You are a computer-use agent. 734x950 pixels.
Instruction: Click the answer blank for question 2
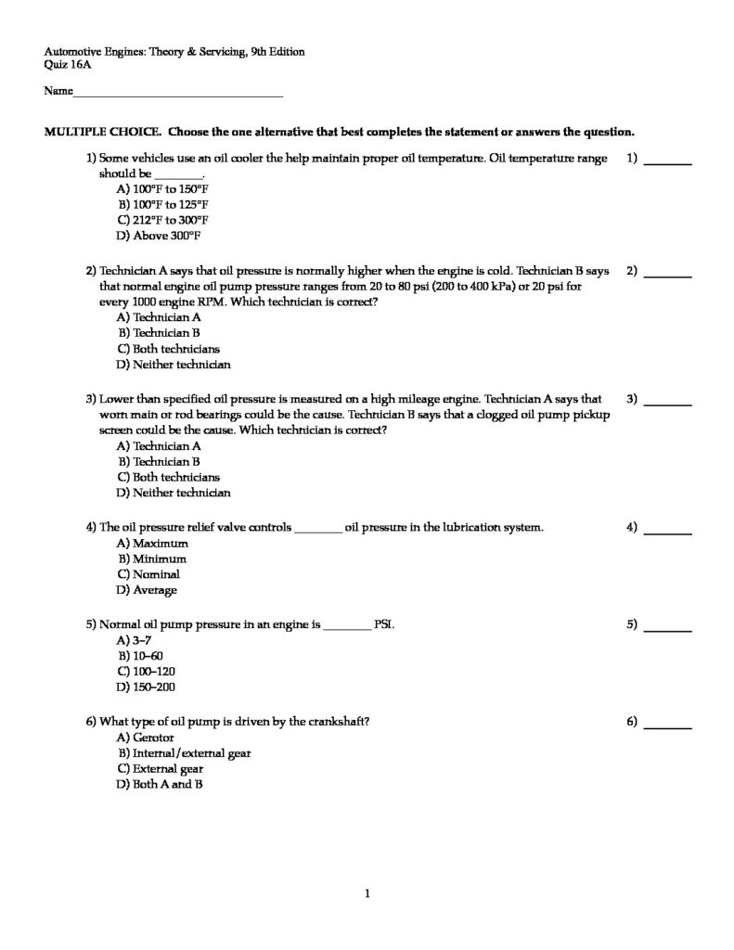pos(668,274)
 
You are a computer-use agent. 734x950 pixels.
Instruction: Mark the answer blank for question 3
pos(668,402)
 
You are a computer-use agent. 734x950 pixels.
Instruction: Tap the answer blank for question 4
pos(668,530)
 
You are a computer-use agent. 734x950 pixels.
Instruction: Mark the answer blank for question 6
pos(668,724)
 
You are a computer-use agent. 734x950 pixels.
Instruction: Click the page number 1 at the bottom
pos(367,894)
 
